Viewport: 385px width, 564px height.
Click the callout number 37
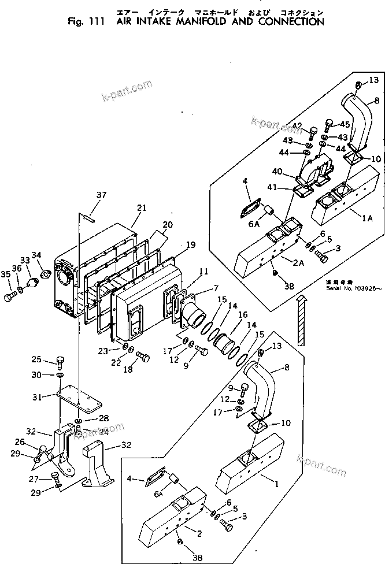[102, 195]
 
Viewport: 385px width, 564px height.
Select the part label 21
[142, 208]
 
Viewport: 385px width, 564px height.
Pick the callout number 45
[345, 124]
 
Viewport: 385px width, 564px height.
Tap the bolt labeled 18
[142, 358]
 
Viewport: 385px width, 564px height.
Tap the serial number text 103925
[364, 287]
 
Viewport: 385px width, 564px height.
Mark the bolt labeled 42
[313, 131]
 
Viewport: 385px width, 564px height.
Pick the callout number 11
[203, 271]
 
